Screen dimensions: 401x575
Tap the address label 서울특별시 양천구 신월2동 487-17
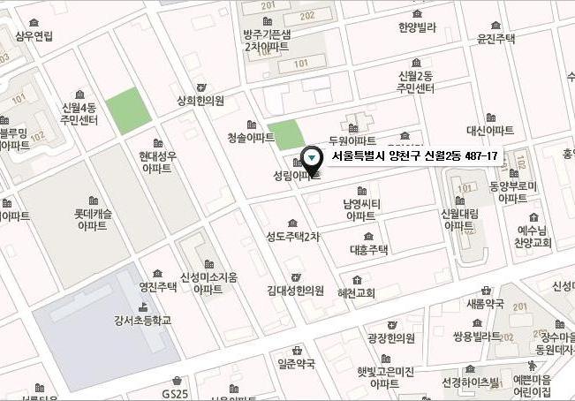point(414,156)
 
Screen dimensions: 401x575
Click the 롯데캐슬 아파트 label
point(92,220)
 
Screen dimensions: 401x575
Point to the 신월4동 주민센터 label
point(79,115)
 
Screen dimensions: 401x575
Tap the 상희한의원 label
point(200,101)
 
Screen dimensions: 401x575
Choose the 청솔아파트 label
point(251,138)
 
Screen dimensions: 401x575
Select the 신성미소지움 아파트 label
point(208,283)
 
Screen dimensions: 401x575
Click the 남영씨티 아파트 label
point(360,209)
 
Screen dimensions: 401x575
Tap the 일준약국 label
point(296,363)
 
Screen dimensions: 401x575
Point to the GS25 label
point(175,393)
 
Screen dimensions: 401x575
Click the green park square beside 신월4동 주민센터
point(127,111)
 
